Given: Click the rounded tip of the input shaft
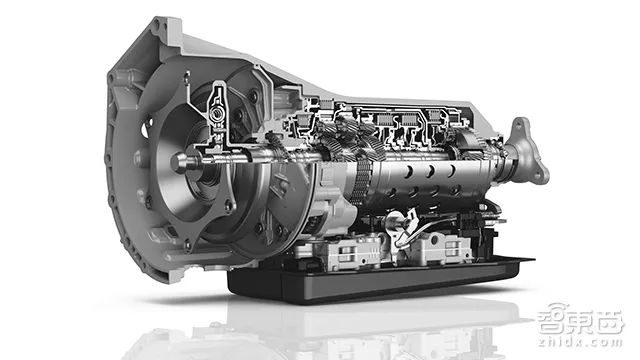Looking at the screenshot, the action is coord(176,162).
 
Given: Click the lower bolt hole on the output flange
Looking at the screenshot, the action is coord(539,176).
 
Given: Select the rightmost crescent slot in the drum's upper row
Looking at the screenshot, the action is coord(451,171).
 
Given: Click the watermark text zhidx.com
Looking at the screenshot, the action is coord(580,341).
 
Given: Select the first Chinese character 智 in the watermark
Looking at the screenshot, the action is coord(551,322).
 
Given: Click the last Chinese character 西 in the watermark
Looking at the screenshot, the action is coord(609,322).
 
